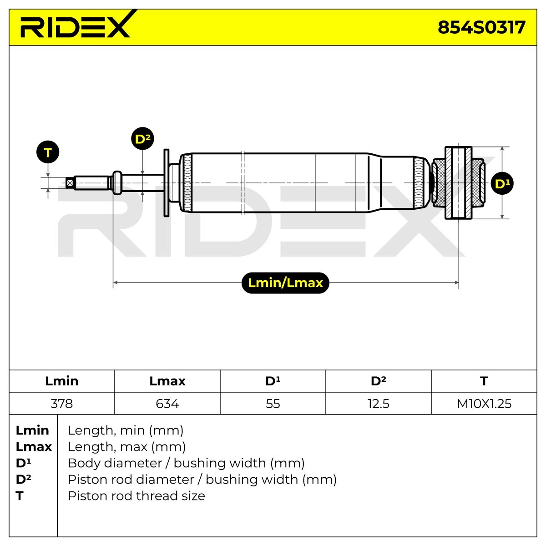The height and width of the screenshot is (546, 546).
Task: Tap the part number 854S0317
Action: (481, 27)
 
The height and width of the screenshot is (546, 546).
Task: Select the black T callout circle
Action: (48, 152)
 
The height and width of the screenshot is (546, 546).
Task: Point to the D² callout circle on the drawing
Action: (142, 139)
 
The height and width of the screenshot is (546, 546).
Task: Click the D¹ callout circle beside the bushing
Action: (502, 183)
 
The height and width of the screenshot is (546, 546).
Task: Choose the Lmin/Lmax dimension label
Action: (285, 283)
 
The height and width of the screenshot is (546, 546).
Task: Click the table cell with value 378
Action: (62, 404)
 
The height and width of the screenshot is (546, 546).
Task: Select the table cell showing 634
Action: (167, 404)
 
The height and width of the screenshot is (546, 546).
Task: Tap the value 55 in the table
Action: (273, 404)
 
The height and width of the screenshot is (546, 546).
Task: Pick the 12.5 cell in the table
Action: (379, 404)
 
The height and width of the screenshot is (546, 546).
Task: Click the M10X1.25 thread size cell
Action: (484, 404)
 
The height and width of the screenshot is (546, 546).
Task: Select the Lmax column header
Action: (167, 381)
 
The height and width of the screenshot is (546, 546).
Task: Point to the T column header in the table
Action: (484, 381)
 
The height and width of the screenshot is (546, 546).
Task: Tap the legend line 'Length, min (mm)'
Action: (126, 430)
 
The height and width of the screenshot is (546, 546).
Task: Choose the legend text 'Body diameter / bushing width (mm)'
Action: (186, 463)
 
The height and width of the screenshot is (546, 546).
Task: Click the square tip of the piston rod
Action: (70, 183)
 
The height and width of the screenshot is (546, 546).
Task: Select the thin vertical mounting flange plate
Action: (167, 183)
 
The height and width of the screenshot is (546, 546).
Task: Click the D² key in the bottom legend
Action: (24, 479)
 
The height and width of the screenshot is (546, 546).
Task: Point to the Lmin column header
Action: (62, 381)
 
